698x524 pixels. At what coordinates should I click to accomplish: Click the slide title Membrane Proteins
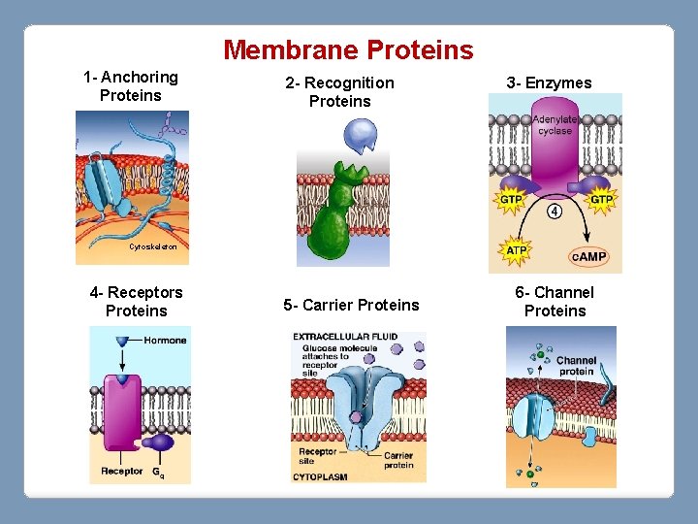coord(349,49)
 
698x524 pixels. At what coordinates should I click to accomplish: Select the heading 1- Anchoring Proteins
coord(131,85)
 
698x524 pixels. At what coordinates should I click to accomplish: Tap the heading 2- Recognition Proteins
coord(339,91)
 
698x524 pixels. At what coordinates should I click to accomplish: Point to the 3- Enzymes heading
coord(549,82)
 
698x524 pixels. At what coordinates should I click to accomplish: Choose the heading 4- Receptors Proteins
coord(136,301)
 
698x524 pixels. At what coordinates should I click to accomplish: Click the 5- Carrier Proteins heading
coord(351,305)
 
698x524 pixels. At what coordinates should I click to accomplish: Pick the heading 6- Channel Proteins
coord(555,301)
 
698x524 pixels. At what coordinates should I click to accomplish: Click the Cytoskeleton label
coord(152,247)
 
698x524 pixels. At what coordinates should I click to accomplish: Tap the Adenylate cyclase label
coord(555,124)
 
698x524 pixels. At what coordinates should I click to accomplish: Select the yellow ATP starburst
coord(517,250)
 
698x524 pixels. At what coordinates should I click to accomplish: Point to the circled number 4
coord(555,211)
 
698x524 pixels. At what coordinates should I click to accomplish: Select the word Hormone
coord(165,341)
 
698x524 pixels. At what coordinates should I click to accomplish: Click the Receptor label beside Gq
coord(122,473)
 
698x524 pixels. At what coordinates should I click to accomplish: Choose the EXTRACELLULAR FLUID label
coord(345,337)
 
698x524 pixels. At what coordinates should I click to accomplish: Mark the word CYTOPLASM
coord(322,475)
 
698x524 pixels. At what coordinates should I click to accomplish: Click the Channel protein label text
coord(576,366)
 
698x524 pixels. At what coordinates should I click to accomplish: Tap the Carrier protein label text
coord(397,460)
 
